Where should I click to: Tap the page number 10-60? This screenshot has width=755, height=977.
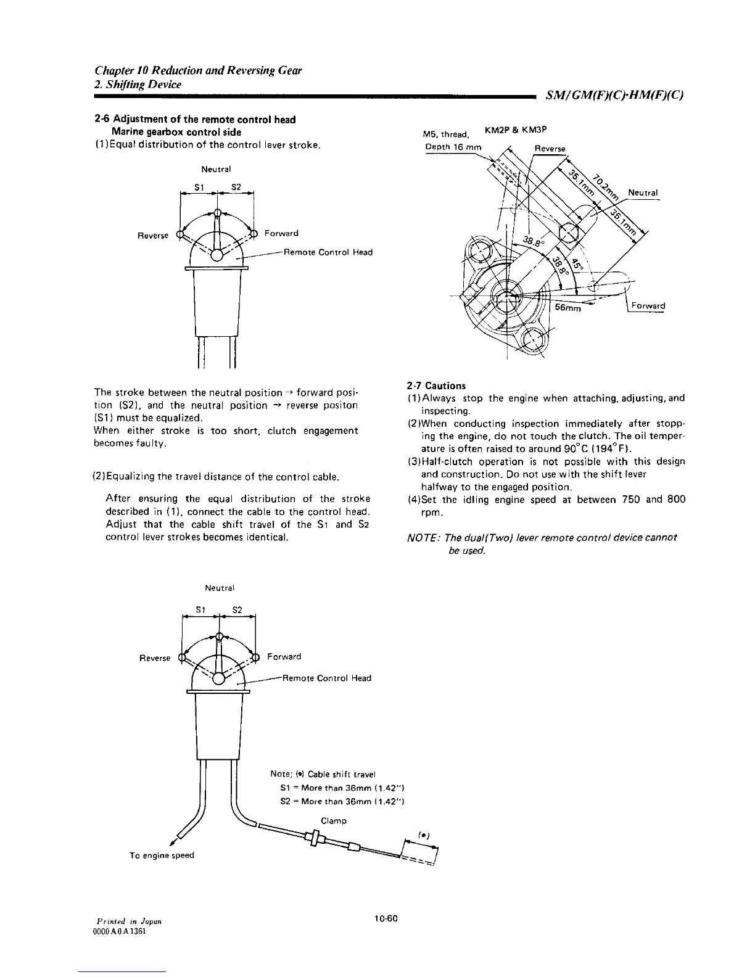(x=387, y=918)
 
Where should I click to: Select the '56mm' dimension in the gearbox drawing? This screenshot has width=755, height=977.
(x=568, y=309)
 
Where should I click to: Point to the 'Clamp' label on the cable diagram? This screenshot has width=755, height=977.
(x=334, y=821)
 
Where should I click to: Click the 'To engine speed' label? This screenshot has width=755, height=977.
(x=153, y=855)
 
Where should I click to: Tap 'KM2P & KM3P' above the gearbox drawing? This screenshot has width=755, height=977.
(x=517, y=130)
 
